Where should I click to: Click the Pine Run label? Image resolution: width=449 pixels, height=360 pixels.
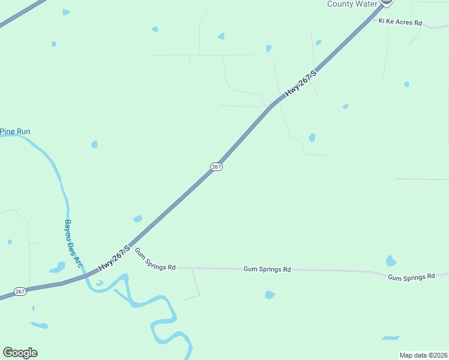15,131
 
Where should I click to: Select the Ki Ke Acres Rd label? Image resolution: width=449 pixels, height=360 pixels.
400,22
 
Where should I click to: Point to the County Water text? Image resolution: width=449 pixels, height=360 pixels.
352,4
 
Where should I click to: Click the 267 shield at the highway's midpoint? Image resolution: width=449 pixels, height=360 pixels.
217,166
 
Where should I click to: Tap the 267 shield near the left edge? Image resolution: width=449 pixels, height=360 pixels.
20,291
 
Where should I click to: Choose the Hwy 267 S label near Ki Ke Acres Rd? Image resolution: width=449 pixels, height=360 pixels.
300,83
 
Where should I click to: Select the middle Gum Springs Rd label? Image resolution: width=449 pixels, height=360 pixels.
267,269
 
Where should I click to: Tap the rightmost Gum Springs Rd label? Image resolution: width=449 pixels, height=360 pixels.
411,277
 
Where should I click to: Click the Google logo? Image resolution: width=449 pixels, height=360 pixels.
20,353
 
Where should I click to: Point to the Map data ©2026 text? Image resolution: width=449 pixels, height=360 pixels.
423,355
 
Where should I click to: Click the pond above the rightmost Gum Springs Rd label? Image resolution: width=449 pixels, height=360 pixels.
391,261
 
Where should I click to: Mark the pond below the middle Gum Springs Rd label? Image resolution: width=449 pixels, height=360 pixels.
270,295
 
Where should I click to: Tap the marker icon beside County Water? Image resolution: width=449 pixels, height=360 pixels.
386,2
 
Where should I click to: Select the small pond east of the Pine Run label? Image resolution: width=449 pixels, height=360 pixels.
94,144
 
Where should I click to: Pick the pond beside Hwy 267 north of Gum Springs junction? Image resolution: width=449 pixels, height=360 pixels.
137,219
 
